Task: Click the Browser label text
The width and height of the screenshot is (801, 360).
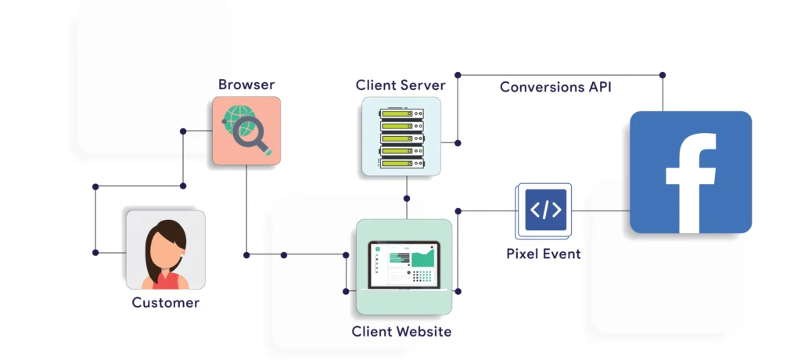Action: click(x=246, y=85)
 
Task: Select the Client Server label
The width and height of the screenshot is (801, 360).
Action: click(x=400, y=85)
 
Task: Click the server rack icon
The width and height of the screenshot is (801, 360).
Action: click(x=401, y=136)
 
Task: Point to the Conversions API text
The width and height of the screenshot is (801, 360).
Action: click(x=556, y=87)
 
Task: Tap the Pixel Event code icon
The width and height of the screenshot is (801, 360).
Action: click(x=545, y=210)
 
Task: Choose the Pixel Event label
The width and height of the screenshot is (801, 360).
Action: click(x=544, y=254)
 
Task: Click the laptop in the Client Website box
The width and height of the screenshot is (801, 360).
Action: click(x=404, y=267)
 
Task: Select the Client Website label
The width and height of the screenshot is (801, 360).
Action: click(x=401, y=331)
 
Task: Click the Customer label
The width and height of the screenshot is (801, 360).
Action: click(x=165, y=302)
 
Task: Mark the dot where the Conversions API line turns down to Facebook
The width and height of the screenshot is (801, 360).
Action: click(x=663, y=75)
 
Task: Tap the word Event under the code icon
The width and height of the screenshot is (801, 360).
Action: click(x=562, y=254)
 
